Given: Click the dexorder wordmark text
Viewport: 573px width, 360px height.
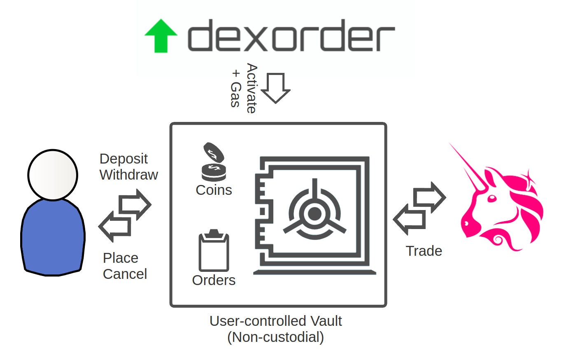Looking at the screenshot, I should point(291,36).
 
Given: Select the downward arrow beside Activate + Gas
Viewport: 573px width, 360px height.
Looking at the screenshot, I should point(276,88).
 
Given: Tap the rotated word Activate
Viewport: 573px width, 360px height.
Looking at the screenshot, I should point(251,88).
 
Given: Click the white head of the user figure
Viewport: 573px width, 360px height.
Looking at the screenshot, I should point(53,175).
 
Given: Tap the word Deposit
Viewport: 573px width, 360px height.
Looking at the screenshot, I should point(123,159).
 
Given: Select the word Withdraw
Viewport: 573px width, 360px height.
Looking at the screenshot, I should point(128,175).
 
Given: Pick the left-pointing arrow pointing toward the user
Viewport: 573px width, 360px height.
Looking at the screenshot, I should point(115,227).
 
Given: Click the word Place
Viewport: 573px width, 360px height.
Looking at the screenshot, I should point(120,258).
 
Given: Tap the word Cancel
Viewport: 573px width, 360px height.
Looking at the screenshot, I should point(125,274).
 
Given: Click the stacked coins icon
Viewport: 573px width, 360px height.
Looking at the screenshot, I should point(214,163).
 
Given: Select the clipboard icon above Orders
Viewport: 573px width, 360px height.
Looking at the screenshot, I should point(214,251).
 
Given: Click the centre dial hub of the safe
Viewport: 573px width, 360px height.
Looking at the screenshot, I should point(315,213).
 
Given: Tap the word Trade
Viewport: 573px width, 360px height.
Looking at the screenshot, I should point(424,251).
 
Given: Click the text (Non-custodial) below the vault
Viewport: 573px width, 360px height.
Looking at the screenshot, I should point(275,337).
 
